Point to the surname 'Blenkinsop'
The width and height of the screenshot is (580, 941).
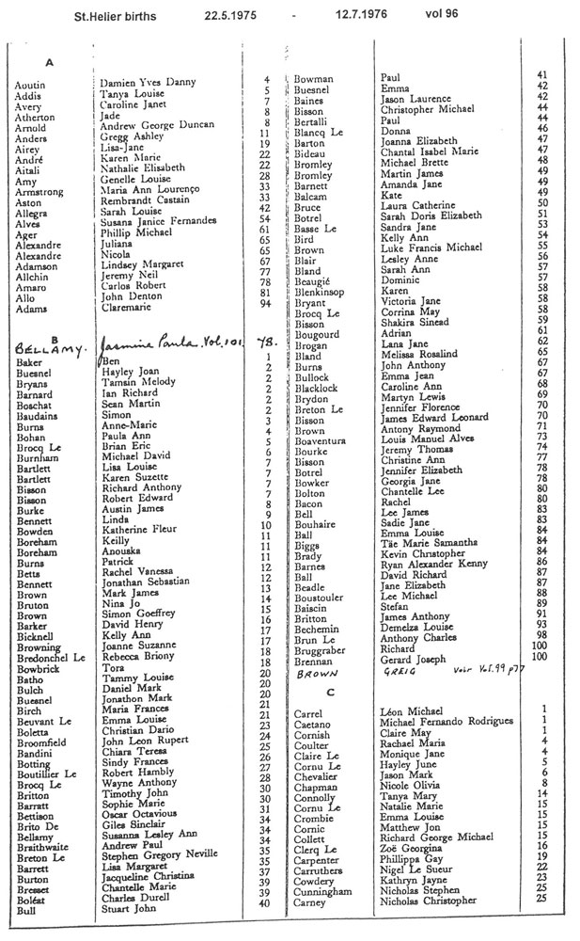pos(321,292)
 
